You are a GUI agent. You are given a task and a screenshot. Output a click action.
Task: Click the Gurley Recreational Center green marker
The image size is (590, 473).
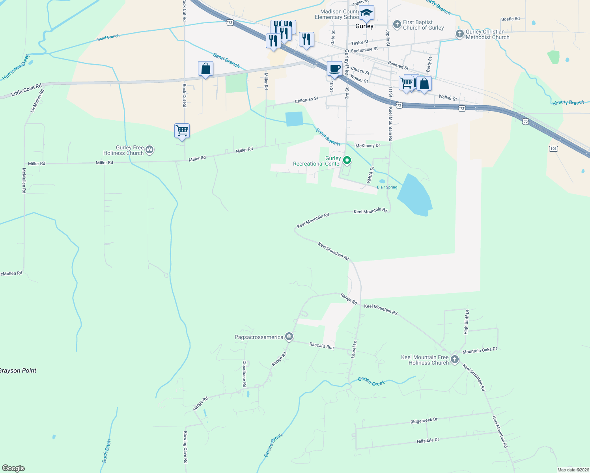[x=347, y=160]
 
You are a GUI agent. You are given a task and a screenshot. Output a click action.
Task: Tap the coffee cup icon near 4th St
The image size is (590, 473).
[x=334, y=69]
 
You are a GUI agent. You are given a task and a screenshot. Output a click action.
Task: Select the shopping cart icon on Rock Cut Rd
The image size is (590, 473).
[x=182, y=130]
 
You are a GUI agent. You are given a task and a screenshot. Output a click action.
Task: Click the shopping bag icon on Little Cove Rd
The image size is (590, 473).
[x=205, y=69]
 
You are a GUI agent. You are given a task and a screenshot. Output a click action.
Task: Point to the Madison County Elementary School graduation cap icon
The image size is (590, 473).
[x=366, y=13]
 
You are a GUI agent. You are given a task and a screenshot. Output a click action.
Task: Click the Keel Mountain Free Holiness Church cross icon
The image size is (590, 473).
[x=454, y=359]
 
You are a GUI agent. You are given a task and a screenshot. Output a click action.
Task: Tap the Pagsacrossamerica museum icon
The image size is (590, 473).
[x=289, y=337]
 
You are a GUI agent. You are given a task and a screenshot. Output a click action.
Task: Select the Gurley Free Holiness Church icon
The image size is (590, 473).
[x=149, y=149]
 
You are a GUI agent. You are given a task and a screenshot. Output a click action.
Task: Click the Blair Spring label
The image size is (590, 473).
[x=387, y=187]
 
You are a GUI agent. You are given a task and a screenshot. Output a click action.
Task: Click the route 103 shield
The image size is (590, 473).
[x=553, y=149]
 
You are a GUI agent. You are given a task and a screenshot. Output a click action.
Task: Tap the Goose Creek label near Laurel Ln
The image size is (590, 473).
[x=371, y=381]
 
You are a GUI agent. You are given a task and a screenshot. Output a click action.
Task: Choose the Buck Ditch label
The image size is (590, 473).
[x=107, y=451]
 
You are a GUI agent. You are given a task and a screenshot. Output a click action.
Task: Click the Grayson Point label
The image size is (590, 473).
[x=18, y=371]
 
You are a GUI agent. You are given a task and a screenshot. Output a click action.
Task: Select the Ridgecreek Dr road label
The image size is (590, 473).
[x=424, y=421]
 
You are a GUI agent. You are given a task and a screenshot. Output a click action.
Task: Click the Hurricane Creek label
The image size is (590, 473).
[x=16, y=67]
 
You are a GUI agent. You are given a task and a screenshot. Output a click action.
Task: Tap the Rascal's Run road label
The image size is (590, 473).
[x=321, y=346]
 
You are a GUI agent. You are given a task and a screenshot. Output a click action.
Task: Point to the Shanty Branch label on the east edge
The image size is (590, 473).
[x=568, y=102]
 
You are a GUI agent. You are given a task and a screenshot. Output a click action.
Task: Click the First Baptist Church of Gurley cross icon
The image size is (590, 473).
[x=397, y=24]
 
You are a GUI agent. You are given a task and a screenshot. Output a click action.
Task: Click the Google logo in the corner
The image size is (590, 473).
[x=13, y=468]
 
